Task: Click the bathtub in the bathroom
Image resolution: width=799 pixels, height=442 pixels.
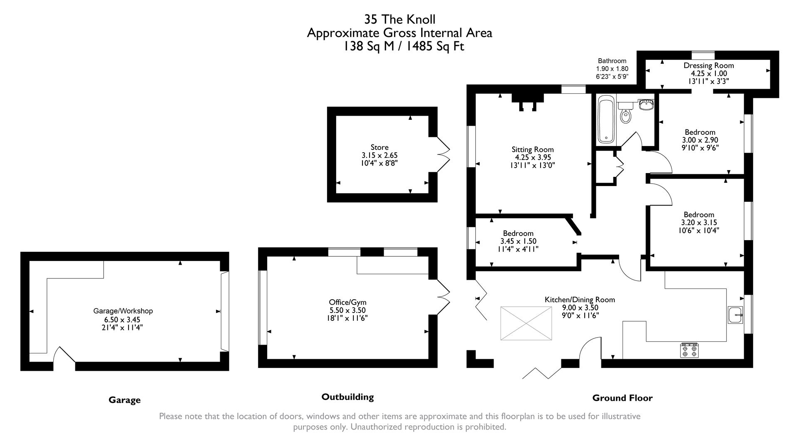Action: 606,120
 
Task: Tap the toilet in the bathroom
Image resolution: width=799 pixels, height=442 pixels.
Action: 625,114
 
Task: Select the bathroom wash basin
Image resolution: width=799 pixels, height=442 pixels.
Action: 646,104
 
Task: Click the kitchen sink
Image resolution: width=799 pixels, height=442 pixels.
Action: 735,315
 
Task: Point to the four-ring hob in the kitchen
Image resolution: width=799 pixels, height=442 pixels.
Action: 689,350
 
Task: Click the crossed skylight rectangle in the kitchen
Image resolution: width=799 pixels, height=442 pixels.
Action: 526,323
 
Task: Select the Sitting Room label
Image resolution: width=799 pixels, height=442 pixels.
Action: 533,149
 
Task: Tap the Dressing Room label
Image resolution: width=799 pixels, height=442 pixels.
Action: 709,65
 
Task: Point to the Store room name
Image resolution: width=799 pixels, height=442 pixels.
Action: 380,147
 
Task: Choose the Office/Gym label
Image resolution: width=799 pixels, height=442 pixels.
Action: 347,302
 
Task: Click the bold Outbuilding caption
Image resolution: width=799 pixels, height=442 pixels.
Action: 347,397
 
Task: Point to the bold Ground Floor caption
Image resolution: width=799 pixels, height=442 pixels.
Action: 622,398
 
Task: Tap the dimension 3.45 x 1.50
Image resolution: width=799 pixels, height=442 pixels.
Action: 518,241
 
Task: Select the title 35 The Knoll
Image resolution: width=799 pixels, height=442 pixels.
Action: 399,19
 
